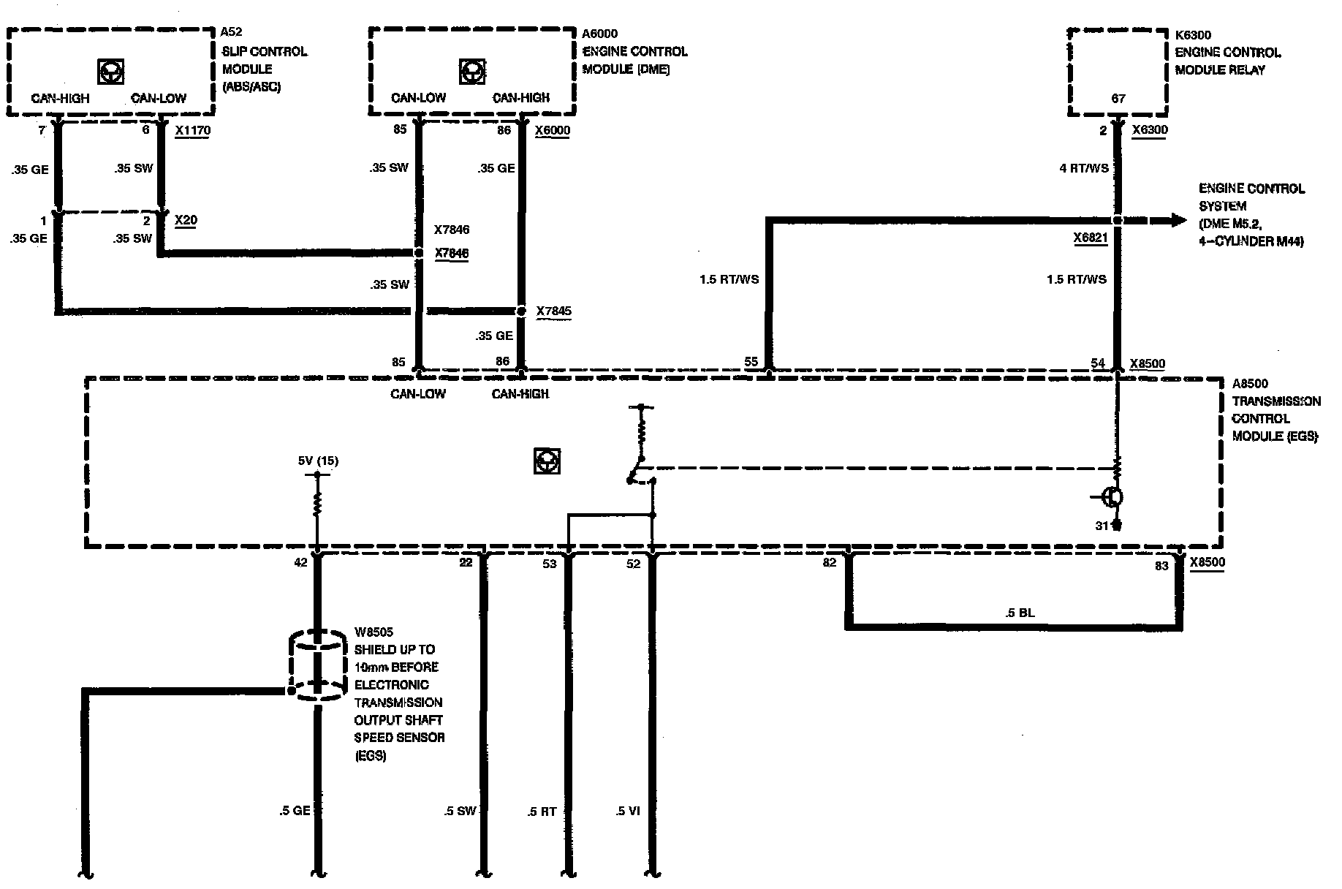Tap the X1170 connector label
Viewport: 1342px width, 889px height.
pos(192,131)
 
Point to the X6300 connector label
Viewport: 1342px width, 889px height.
pos(1150,130)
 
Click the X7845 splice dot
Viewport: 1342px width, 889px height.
pos(521,311)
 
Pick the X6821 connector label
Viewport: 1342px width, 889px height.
pos(1091,238)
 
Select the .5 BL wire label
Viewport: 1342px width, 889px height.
pos(1020,613)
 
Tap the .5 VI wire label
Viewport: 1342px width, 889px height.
pos(628,811)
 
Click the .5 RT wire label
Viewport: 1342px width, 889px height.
pos(542,812)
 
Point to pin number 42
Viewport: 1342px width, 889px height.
pos(300,564)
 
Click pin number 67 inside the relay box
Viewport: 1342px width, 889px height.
pos(1118,99)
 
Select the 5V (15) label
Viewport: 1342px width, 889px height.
pos(317,461)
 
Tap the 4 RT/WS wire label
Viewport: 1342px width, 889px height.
pos(1084,168)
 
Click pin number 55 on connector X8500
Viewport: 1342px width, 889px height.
pos(751,362)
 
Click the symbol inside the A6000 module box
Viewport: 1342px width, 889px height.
pos(471,72)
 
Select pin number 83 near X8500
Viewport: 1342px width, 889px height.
pos(1161,565)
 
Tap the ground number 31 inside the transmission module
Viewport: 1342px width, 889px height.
pos(1102,525)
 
